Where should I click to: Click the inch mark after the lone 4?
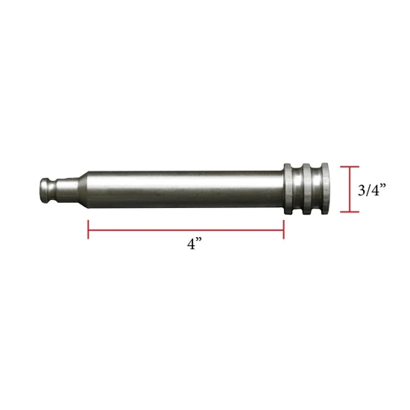click(202, 242)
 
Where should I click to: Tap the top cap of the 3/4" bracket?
click(350, 166)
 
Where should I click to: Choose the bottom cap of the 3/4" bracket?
click(350, 212)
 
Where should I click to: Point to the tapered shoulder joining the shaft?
click(77, 189)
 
